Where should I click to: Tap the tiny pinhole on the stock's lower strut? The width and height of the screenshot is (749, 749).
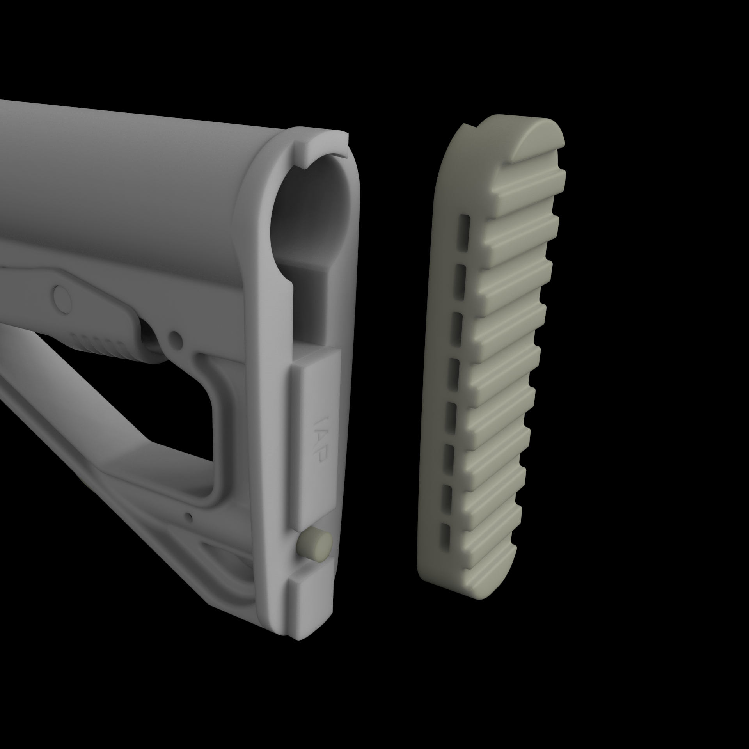point(190,517)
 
